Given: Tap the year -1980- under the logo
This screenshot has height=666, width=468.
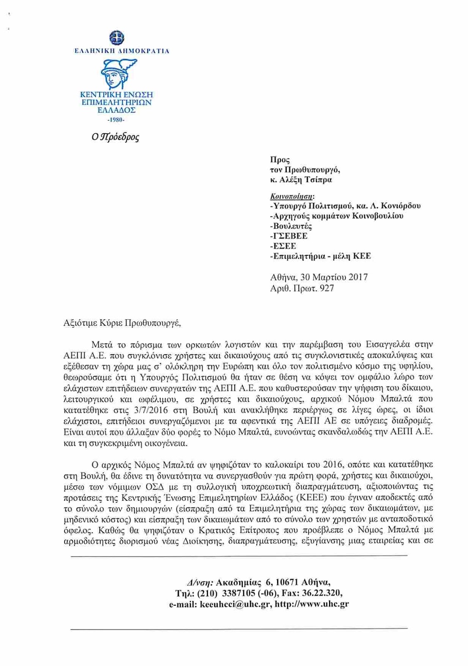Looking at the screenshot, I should (x=116, y=120).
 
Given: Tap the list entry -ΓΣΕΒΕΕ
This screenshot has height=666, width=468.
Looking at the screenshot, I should (x=289, y=236).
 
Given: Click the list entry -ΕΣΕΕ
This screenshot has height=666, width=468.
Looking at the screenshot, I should (x=283, y=246).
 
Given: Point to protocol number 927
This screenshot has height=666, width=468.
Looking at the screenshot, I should (x=327, y=288).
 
